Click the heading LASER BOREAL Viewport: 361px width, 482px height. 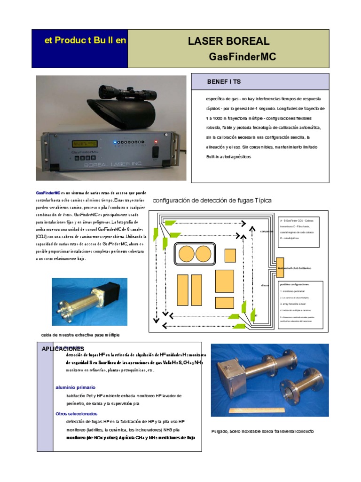(x=228, y=41)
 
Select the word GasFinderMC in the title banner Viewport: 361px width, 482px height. (x=242, y=57)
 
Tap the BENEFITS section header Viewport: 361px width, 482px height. (x=224, y=81)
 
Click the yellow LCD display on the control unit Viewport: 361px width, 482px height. (x=85, y=144)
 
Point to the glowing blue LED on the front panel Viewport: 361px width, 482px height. (x=114, y=141)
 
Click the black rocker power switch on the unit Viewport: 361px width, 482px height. (x=156, y=152)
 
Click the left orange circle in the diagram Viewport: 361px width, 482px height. (x=187, y=254)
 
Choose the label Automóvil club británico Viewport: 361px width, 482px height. (x=295, y=268)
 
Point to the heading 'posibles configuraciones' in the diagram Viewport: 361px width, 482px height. (x=294, y=285)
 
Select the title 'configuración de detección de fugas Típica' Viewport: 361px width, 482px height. (x=212, y=200)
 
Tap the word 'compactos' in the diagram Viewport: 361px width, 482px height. (x=267, y=232)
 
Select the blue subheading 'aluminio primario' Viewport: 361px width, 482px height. (x=75, y=387)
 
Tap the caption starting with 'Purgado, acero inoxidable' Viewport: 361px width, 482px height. (x=262, y=431)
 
